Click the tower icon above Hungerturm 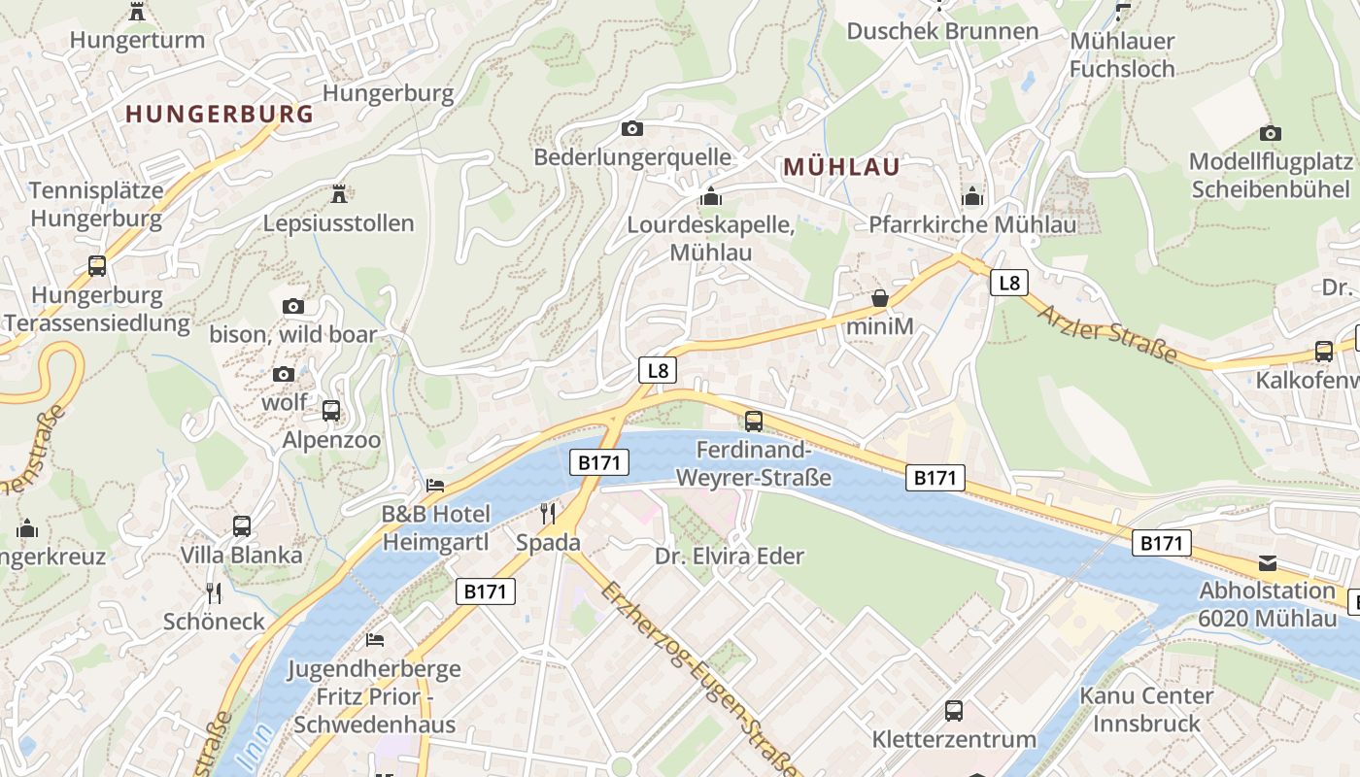137,12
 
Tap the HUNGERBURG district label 220,115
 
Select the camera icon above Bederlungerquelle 631,128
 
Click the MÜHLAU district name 841,167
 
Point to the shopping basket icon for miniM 880,298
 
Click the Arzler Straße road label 1106,334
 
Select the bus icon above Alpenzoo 331,411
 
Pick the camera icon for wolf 284,375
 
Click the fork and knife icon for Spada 548,513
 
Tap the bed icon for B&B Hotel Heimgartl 435,485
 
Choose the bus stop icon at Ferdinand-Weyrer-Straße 754,422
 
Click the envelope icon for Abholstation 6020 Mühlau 1268,562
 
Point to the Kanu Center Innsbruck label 1146,709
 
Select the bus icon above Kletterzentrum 954,711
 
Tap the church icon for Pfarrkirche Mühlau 971,197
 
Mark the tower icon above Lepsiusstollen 339,194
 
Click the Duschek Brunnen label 942,31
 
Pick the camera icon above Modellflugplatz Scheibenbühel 1270,133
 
